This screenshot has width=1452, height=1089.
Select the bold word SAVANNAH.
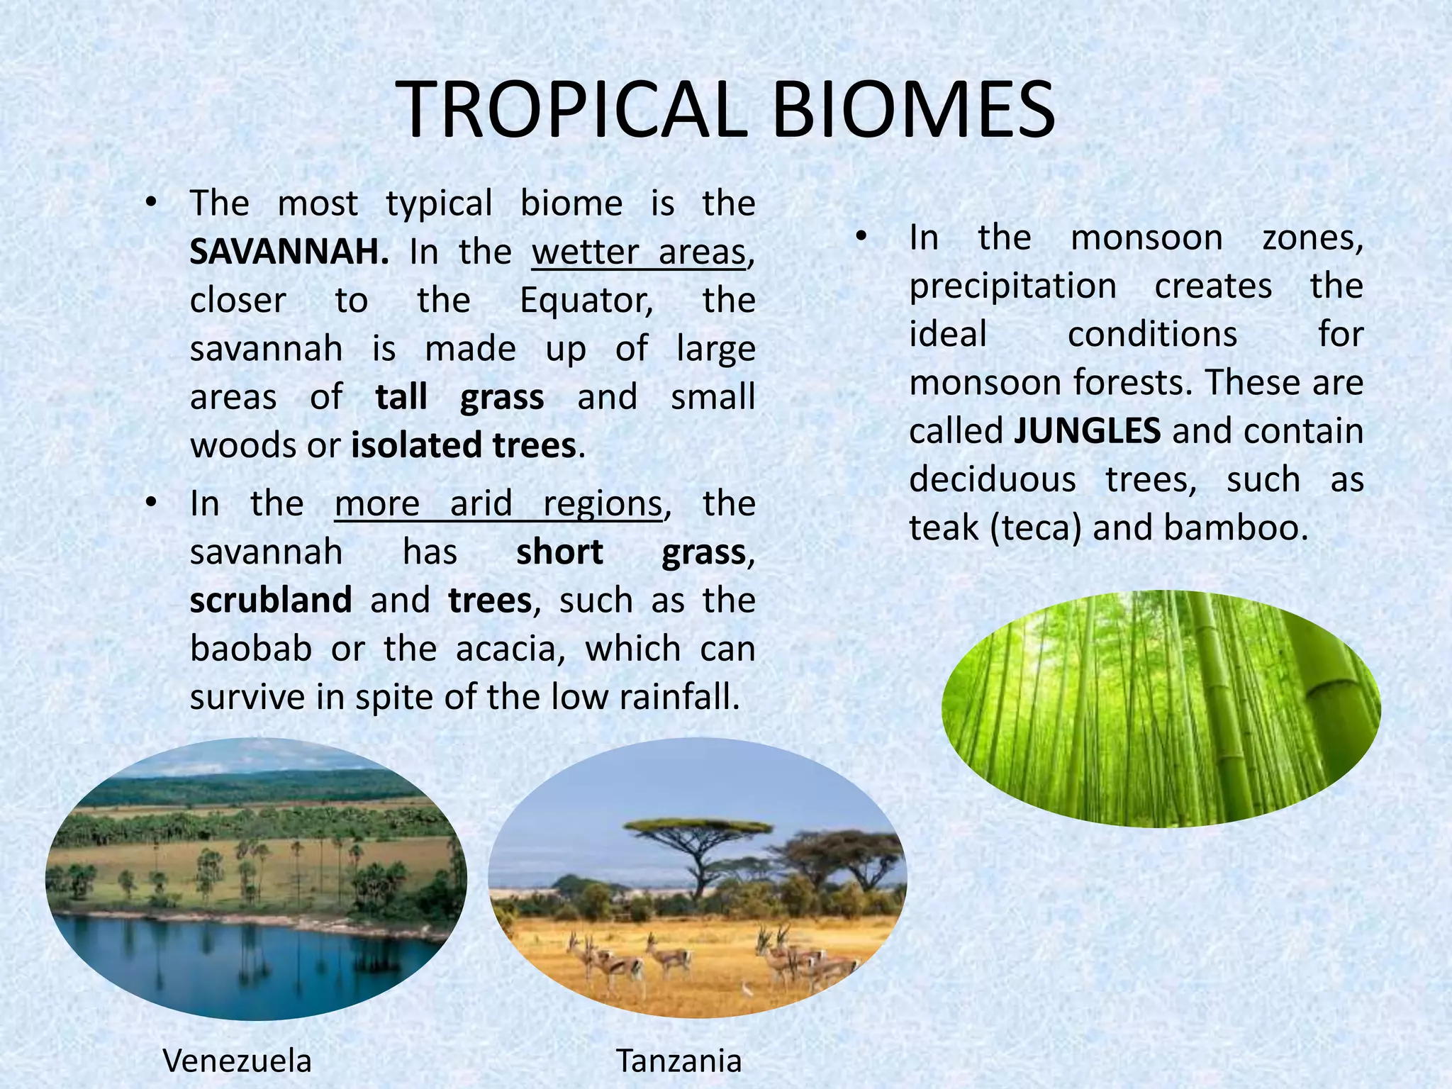[289, 252]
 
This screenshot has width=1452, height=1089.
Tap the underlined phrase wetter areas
[640, 252]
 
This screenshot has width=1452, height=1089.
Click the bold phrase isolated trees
[464, 445]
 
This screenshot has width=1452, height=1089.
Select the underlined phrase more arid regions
[498, 503]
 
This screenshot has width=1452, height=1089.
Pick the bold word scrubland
[271, 601]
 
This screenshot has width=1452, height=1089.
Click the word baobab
[251, 649]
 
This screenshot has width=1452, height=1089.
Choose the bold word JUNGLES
[1087, 431]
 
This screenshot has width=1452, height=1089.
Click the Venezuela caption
[237, 1061]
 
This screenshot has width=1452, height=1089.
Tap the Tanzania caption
[678, 1061]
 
